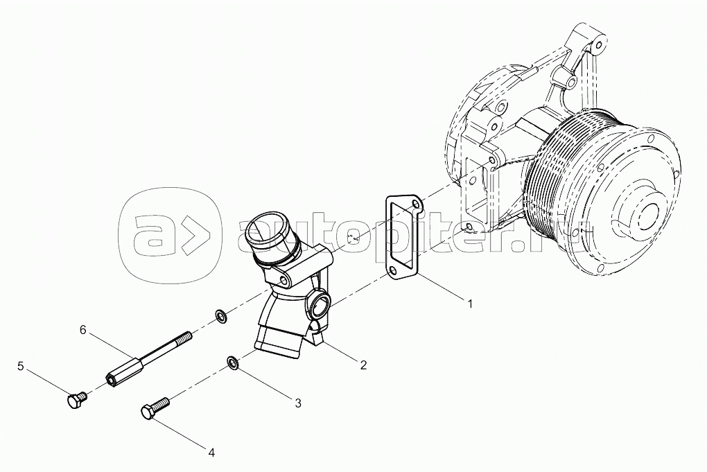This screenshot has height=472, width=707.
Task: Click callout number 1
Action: (470, 304)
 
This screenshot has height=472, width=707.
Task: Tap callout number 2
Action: (363, 365)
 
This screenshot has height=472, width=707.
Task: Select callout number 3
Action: (298, 403)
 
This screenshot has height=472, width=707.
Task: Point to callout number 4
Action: (211, 452)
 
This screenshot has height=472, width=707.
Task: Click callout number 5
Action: (21, 366)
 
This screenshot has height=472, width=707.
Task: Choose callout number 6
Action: (82, 330)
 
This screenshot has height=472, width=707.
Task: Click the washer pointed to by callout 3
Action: (233, 362)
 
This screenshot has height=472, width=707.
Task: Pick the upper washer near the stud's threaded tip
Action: (221, 315)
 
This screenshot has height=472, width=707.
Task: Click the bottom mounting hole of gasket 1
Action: (392, 272)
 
